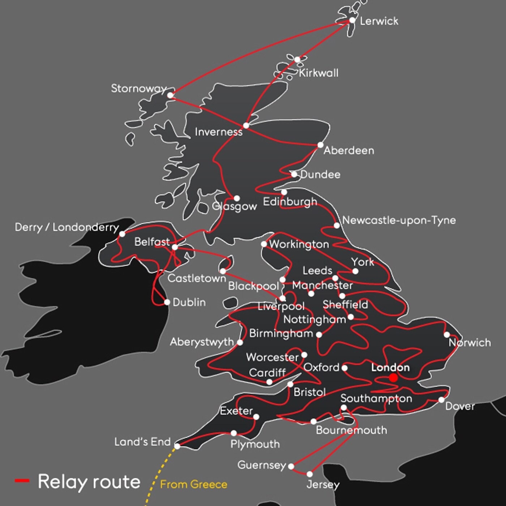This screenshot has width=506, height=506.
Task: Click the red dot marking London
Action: coord(393,378)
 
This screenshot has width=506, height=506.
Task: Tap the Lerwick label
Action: coord(379,21)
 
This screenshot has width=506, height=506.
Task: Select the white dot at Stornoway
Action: coord(170,95)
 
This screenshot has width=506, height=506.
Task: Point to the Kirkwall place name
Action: coord(318,73)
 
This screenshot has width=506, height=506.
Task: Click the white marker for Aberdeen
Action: coord(320,145)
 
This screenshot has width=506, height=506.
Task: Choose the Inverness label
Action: coord(218,132)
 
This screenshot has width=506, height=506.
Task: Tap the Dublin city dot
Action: coord(167,302)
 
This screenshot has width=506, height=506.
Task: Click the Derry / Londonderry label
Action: coord(67,227)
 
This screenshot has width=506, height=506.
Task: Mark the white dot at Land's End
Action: coord(177,446)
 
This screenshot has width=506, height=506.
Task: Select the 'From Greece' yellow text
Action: coord(194,484)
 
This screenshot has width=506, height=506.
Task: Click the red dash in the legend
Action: coord(22,481)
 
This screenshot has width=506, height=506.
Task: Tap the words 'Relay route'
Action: coord(89,482)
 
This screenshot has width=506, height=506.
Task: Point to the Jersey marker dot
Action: coord(310,474)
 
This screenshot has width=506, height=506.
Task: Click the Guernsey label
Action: coord(261,465)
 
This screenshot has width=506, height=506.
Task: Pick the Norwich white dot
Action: coord(447,335)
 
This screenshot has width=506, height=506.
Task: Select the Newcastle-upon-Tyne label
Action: coord(399,220)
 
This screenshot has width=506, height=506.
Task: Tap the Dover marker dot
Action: coord(441,400)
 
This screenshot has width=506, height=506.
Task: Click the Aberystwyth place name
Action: coord(202,342)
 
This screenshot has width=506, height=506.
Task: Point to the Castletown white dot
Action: coord(223,271)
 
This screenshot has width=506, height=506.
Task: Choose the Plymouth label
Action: coord(255,444)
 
